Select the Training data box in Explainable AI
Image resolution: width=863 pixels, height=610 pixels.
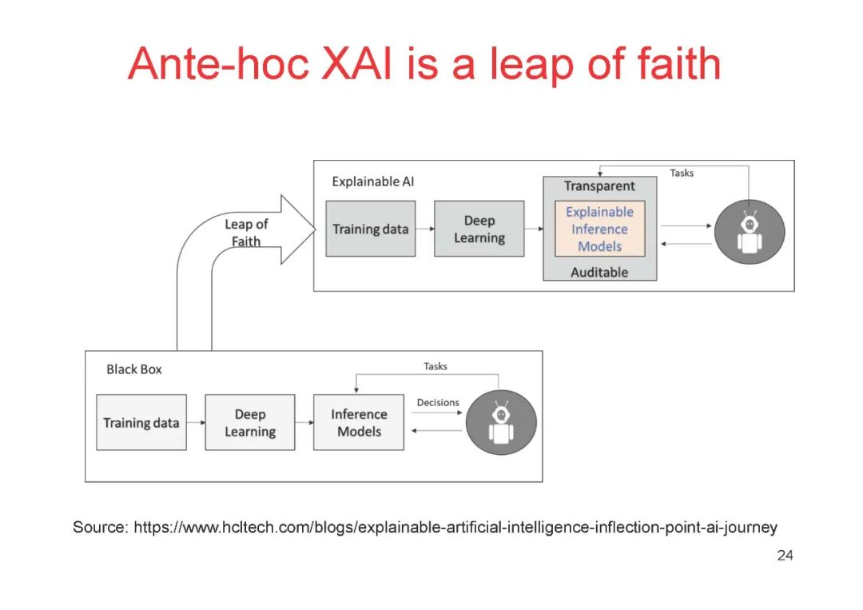[370, 229]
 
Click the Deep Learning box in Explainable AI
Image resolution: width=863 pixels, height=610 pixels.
[479, 229]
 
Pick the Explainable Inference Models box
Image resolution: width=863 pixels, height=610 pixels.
[599, 229]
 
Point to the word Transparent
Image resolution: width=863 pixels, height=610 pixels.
[599, 186]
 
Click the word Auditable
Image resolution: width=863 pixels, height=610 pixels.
[599, 273]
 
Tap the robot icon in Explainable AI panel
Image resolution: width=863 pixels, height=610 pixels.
[749, 233]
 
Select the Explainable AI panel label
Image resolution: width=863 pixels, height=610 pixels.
[373, 181]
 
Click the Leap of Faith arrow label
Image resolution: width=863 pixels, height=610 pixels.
[246, 233]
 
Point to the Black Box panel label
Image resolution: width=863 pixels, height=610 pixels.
[134, 370]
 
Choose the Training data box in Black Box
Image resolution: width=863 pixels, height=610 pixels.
[141, 422]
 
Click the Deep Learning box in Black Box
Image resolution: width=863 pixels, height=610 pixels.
[249, 423]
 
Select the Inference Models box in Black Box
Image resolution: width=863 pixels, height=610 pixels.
[359, 423]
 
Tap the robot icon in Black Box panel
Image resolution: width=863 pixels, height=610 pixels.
[501, 422]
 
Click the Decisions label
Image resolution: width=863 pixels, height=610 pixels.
[438, 403]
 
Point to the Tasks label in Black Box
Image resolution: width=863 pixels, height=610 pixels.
[435, 367]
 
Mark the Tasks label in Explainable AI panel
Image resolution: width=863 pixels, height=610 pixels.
[682, 173]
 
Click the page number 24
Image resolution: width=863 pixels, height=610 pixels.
[785, 556]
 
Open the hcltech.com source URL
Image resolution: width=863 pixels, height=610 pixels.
[455, 528]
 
